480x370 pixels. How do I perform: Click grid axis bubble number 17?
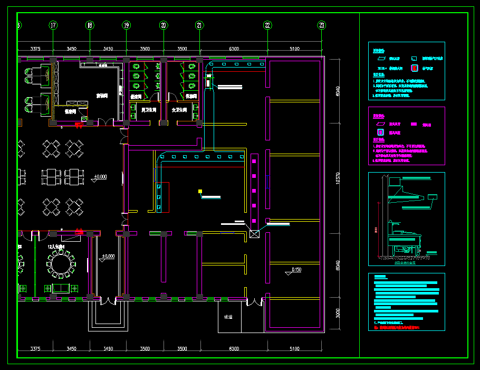pos(53,25)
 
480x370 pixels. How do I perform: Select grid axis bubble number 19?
pos(126,25)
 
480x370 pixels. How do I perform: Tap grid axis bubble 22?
pos(268,25)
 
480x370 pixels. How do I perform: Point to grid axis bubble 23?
pos(322,25)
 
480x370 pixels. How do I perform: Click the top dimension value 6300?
pos(234,49)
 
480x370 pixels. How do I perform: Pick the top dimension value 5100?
pos(294,49)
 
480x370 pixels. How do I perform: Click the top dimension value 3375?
pos(35,49)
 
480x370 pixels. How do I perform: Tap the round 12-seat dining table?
pos(60,262)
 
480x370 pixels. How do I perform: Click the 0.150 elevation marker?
pos(296,270)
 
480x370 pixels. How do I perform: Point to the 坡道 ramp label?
pos(228,317)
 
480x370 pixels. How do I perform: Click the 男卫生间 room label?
pos(149,110)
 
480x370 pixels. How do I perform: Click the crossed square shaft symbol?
pos(254,233)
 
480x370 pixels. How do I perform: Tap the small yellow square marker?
pos(200,191)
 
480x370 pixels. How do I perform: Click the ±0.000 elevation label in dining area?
pos(100,176)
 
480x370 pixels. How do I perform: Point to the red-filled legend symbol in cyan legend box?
pos(415,68)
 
